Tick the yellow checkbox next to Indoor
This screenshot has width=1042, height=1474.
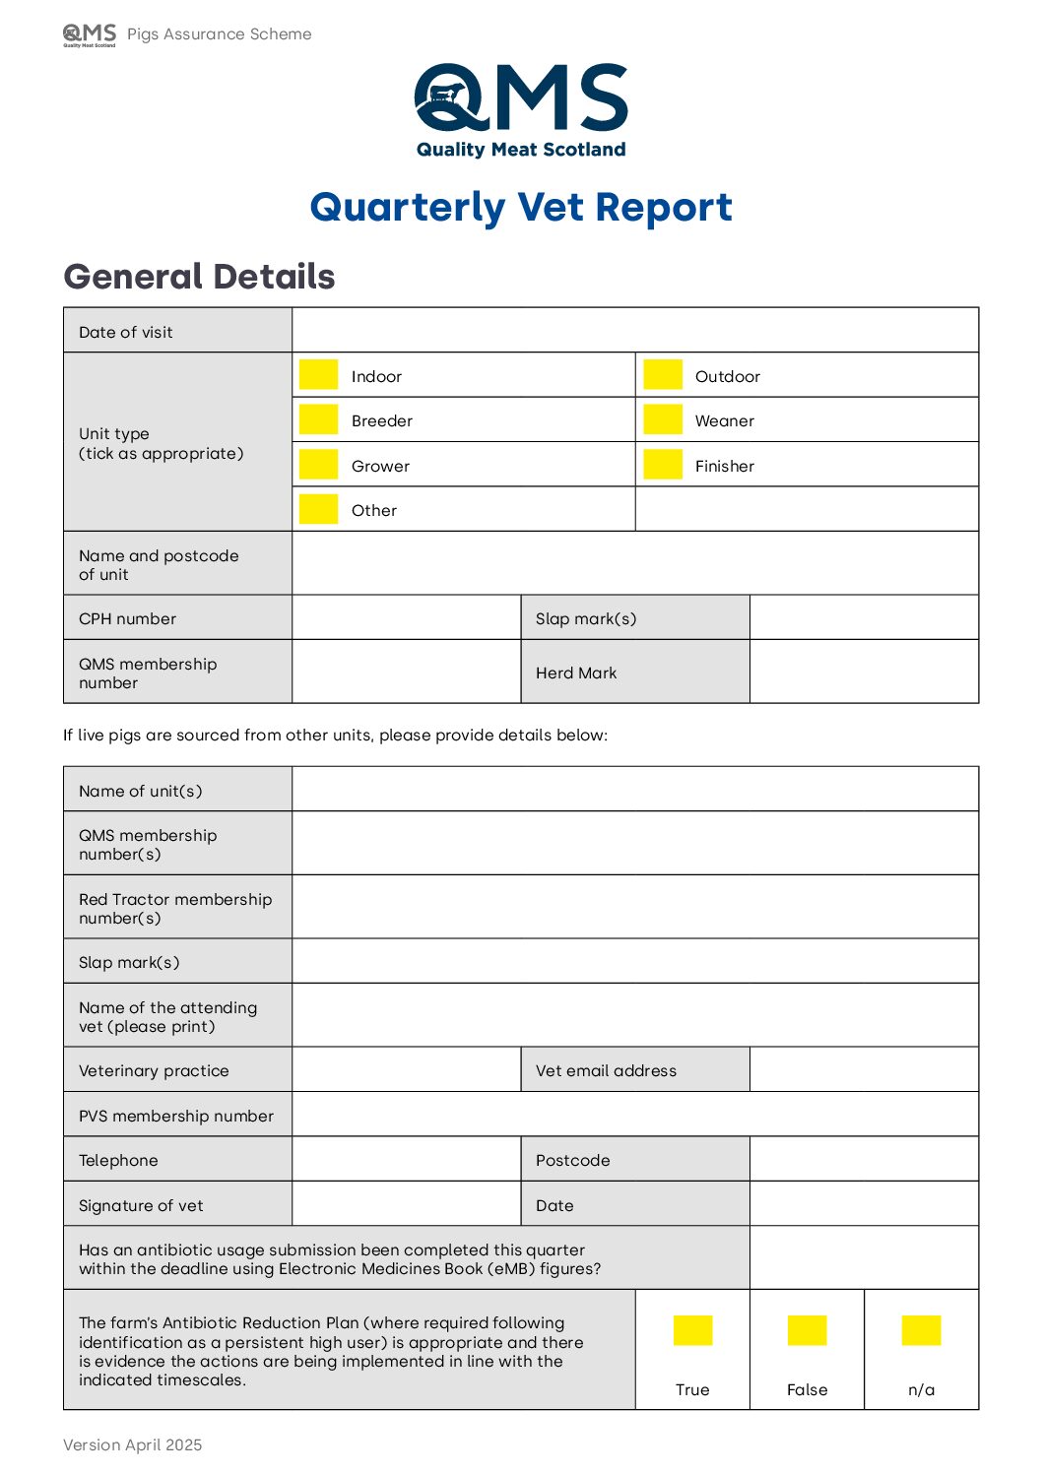pos(318,374)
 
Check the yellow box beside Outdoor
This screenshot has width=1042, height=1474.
pos(663,374)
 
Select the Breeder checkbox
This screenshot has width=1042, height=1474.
pos(318,419)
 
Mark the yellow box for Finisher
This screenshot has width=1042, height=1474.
pos(663,464)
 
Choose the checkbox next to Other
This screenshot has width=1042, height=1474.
pos(318,509)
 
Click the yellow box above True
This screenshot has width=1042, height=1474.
pos(692,1330)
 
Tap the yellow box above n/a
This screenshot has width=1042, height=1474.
pos(921,1330)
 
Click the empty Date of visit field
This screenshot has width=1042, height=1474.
pos(635,330)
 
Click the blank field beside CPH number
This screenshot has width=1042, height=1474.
pos(406,617)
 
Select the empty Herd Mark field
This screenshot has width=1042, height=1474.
pos(864,672)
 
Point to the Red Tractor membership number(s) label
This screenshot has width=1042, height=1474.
pos(175,908)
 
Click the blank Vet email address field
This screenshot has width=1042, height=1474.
pos(864,1069)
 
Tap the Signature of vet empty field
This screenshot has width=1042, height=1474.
pos(406,1204)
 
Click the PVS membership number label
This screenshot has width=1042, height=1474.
pos(176,1116)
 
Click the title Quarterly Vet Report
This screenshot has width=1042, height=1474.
pos(521,208)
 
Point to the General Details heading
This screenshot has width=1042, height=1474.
pos(199,277)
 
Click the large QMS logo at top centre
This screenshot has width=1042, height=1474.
pos(521,109)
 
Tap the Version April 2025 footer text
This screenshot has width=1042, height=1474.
pos(132,1444)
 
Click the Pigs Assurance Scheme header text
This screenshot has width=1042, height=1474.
pos(219,34)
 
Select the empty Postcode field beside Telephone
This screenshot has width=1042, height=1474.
pos(864,1159)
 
